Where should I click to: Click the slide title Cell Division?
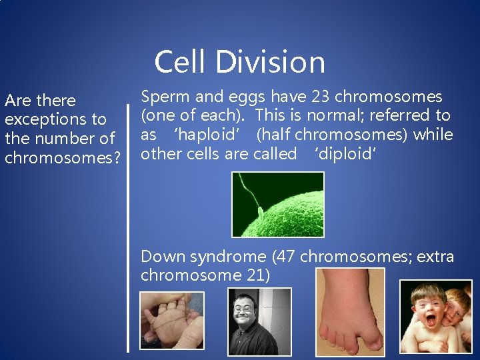click(240, 62)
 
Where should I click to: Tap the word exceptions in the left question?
click(55, 120)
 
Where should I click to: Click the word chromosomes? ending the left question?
click(63, 159)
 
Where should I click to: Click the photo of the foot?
click(350, 311)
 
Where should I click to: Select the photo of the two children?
click(435, 316)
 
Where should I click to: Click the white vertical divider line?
click(129, 227)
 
